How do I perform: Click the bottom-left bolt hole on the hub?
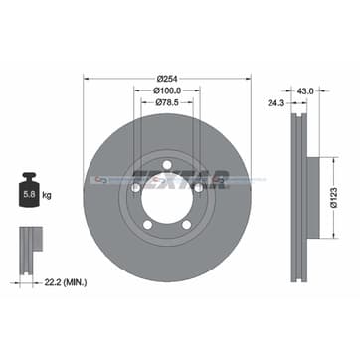pyautogui.click(x=145, y=225)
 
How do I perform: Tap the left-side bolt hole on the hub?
pyautogui.click(x=132, y=186)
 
